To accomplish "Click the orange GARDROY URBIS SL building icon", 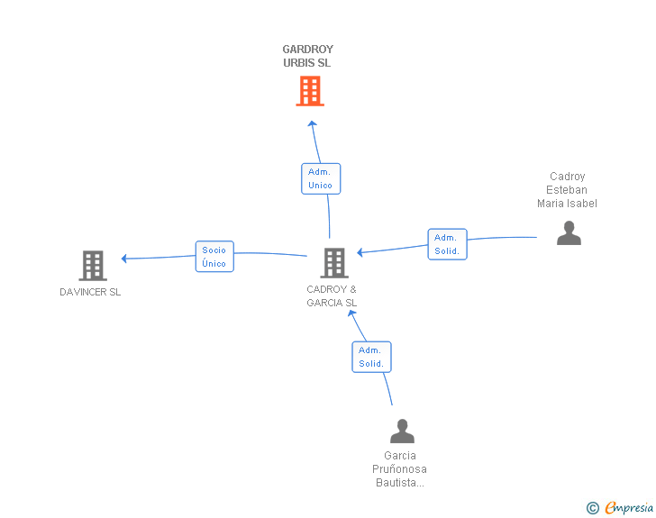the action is click(x=310, y=91).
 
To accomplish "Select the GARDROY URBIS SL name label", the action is click(x=308, y=56).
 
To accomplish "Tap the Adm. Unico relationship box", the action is click(x=321, y=178).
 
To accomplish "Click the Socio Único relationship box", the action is click(x=214, y=257).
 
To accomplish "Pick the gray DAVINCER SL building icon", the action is click(x=93, y=266).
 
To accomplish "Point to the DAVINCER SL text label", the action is click(x=90, y=292).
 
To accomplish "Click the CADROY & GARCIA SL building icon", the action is click(x=334, y=263).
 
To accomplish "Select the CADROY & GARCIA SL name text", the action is click(x=332, y=295).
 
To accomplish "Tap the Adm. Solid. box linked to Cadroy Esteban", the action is click(x=447, y=244).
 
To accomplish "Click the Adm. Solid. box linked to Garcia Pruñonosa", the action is click(x=371, y=357).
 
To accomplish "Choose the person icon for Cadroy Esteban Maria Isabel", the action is click(x=569, y=233).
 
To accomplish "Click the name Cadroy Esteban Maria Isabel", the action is click(x=567, y=190).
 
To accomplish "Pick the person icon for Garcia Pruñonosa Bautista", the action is click(x=402, y=431).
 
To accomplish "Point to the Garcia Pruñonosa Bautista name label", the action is click(x=399, y=469).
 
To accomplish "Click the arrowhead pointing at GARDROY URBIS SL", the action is click(x=312, y=123).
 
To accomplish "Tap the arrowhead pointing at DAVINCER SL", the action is click(x=123, y=259).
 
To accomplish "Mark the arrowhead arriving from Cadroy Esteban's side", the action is click(x=360, y=252).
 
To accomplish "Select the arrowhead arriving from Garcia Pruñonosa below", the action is click(x=351, y=313).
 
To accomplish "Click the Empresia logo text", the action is click(x=629, y=507).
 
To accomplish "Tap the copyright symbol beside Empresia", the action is click(x=593, y=508).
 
